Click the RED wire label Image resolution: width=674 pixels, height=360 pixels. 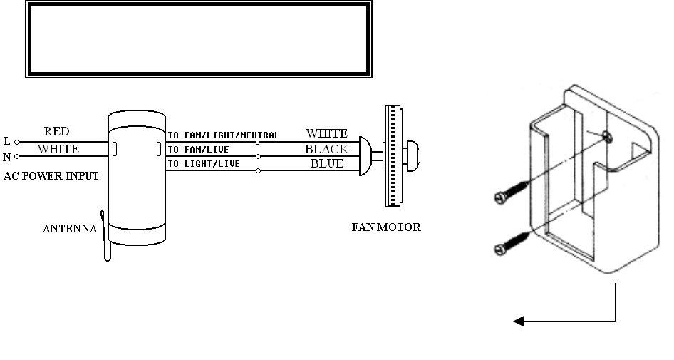(x=56, y=132)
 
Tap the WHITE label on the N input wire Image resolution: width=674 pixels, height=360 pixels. (x=58, y=150)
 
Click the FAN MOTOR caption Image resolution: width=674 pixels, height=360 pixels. (x=386, y=228)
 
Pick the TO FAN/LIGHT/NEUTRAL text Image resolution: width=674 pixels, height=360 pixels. (x=224, y=135)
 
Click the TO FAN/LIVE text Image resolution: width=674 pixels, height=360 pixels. (x=199, y=150)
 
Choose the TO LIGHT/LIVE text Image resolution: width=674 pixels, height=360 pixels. (x=202, y=165)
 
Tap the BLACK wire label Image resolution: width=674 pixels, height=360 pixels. (x=326, y=149)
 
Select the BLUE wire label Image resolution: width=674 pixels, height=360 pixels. (x=326, y=163)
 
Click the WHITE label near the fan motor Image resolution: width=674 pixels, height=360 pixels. (x=326, y=133)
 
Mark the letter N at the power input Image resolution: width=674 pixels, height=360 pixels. (x=6, y=156)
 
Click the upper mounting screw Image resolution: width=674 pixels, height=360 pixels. (x=509, y=192)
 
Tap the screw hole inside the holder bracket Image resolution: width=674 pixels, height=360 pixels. (x=606, y=137)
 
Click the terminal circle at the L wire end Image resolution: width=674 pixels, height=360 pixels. (x=18, y=142)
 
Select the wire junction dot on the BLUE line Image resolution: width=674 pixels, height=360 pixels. (x=258, y=171)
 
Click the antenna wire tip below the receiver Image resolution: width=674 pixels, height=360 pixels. (x=108, y=258)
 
